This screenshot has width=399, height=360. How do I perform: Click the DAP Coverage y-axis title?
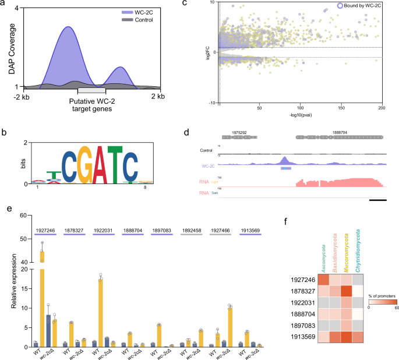pos(10,50)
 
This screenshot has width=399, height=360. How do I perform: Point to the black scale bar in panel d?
pos(377,200)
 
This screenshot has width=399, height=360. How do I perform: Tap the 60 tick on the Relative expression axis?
pos(25,216)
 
